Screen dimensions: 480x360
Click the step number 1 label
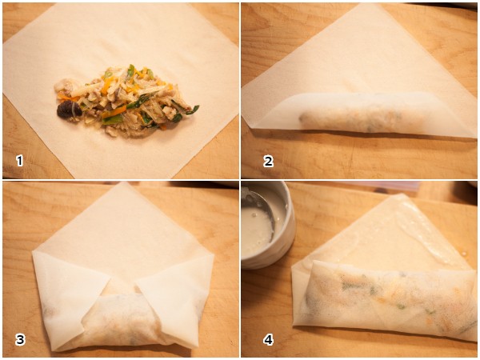19,161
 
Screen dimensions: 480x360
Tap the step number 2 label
268,161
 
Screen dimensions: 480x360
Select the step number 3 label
20,339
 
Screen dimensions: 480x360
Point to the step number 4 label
269,339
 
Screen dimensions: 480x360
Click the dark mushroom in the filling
68,110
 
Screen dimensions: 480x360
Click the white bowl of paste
267,225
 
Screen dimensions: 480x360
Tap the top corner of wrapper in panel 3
123,182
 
